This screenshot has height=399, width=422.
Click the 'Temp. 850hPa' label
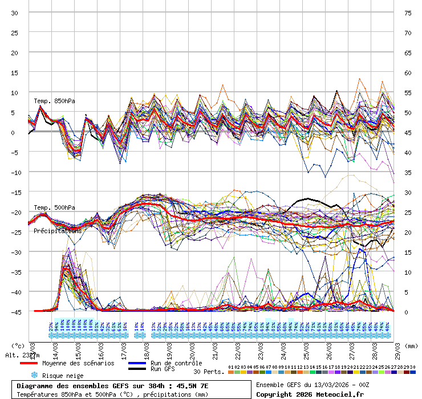tap(54, 101)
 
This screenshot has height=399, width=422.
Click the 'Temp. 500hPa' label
tap(54, 207)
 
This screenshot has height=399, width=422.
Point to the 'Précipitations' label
tap(57, 231)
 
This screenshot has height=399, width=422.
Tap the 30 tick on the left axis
tap(15, 13)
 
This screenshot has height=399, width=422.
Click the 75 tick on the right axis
tap(407, 13)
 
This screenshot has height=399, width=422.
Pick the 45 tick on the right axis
tap(407, 132)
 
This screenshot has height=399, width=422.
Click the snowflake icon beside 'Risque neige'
tap(34, 376)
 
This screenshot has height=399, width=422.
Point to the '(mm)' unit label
tap(412, 345)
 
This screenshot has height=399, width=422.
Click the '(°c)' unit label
tap(18, 345)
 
